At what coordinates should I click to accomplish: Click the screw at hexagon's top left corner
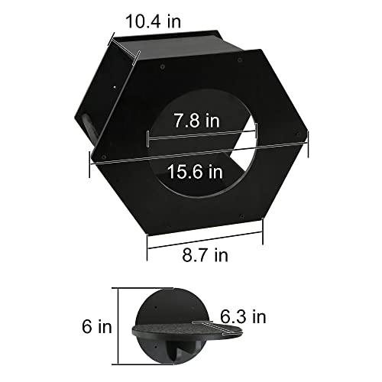pyautogui.click(x=163, y=67)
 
